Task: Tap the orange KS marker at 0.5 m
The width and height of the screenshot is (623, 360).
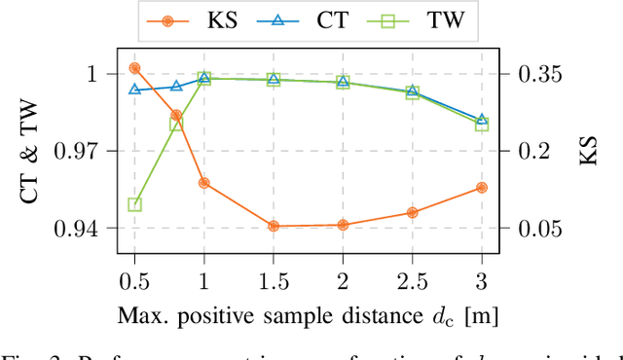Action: click(x=134, y=68)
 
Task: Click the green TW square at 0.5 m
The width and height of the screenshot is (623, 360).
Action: click(x=134, y=205)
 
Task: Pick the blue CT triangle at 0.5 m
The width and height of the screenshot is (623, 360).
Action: click(x=134, y=90)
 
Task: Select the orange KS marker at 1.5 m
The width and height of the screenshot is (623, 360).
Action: click(x=274, y=226)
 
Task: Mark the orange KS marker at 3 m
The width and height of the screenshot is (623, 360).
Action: click(x=482, y=188)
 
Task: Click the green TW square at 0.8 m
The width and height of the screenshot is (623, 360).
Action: click(x=176, y=125)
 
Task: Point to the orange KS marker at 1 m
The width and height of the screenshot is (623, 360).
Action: click(x=204, y=183)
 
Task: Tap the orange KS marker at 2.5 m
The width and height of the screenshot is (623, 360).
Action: click(x=412, y=212)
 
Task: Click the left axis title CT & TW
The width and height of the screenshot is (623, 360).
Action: click(x=31, y=151)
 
